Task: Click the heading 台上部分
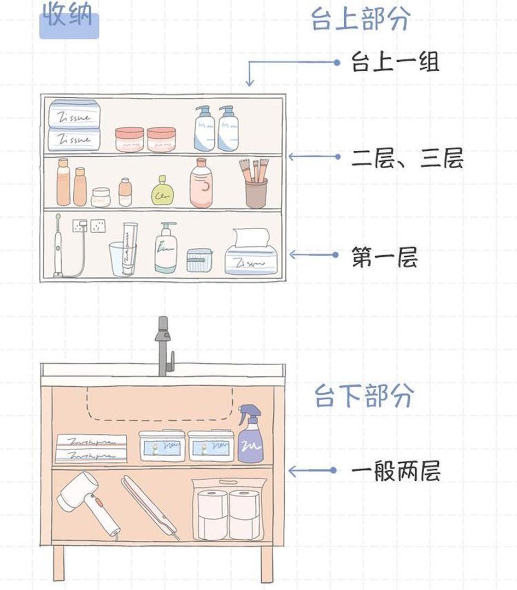tap(360, 20)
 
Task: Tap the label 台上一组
tap(395, 63)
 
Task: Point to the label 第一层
tap(384, 256)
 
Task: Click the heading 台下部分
tap(363, 396)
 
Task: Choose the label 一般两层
tap(395, 471)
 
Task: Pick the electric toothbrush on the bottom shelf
tap(58, 246)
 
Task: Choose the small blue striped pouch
tap(199, 260)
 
